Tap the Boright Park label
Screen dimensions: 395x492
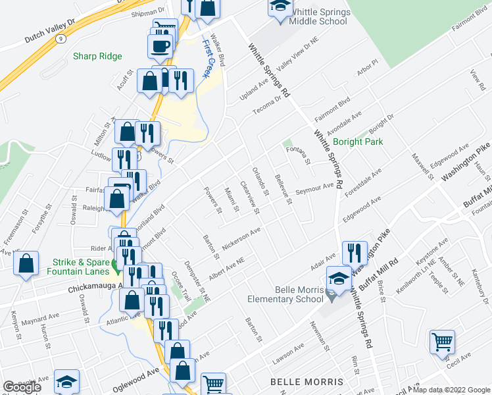pos(358,142)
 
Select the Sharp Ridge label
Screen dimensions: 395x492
pos(97,57)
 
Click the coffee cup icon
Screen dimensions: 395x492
pos(160,45)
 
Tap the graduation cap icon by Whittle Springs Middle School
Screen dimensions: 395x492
pos(280,7)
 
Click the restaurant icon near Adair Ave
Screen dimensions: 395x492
pos(355,252)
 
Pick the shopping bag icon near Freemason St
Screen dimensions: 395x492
pos(26,264)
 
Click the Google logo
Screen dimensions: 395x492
pos(22,387)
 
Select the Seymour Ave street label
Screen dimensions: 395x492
pos(314,188)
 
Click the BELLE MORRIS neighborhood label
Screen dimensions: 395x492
pos(307,382)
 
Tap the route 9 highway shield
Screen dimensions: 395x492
pos(61,39)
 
